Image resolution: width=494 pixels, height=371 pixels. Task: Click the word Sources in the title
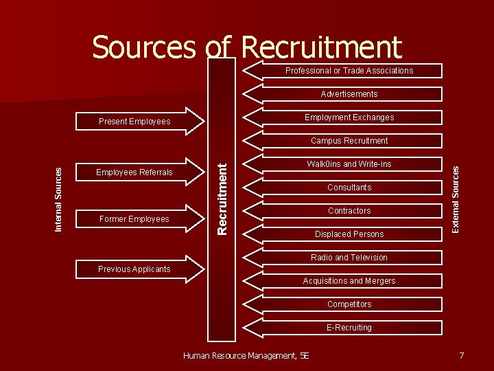(143, 47)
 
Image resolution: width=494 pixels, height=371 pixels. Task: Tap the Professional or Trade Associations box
(349, 71)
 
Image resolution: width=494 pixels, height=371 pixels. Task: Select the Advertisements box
(349, 94)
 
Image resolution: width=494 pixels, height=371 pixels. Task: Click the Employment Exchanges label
(349, 117)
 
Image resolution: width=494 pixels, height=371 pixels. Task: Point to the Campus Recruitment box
(349, 141)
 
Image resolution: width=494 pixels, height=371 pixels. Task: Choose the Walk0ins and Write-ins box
(349, 164)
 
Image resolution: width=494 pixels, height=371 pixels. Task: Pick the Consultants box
(349, 188)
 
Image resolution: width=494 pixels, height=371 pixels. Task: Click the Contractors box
(349, 211)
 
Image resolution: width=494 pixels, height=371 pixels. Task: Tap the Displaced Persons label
(349, 234)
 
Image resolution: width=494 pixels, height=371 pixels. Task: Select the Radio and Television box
(349, 258)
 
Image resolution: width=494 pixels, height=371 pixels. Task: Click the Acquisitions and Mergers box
(349, 281)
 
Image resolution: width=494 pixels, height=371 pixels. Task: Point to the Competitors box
(349, 304)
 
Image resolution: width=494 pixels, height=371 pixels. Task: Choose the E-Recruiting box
(349, 328)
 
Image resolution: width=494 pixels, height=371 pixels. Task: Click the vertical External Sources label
(454, 199)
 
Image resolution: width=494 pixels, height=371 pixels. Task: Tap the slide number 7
(461, 355)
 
